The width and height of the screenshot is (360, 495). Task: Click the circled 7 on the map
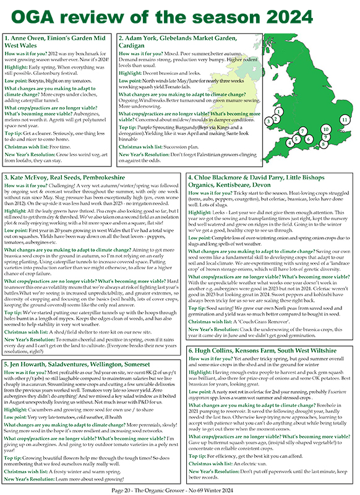point(302,132)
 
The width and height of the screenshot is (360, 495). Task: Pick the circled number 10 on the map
point(326,129)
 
